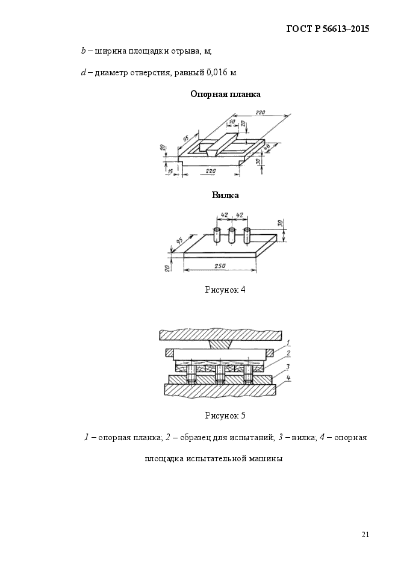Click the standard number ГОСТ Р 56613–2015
pos(328,29)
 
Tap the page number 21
pos(365,534)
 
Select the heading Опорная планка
pos(225,95)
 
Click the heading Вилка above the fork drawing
pos(225,195)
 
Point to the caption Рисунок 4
pos(225,290)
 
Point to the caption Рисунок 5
pos(225,416)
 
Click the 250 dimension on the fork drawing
pos(220,266)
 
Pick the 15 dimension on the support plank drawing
pos(170,171)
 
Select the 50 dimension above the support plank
pos(231,122)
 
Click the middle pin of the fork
pos(232,236)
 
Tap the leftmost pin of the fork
pos(217,236)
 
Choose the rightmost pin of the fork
pos(247,236)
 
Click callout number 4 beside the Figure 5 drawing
pos(289,378)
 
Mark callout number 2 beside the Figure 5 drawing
pos(288,353)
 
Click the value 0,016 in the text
pos(217,72)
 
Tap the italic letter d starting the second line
pos(83,72)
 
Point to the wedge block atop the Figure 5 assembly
pos(219,344)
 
